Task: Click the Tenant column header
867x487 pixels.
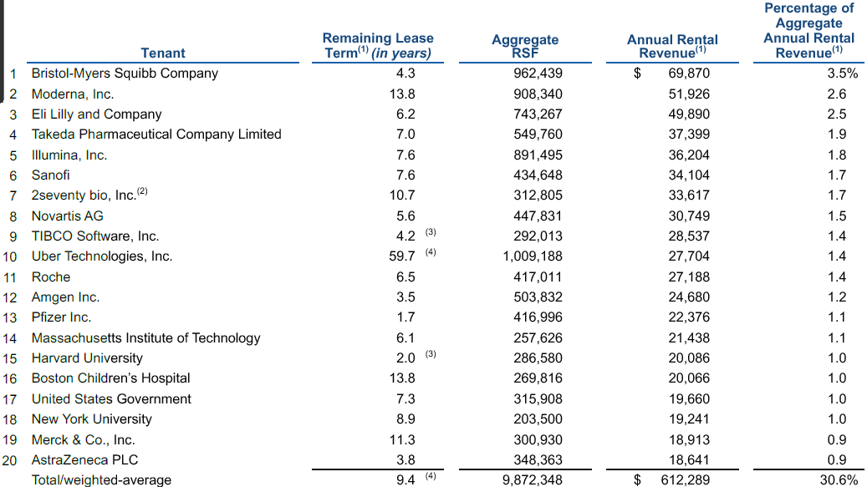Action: coord(162,53)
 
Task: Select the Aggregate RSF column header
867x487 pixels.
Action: coord(525,46)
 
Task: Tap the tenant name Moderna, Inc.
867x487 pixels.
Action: coord(73,94)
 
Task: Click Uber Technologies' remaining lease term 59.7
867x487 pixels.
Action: coord(402,256)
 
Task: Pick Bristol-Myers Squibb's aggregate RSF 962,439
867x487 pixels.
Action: coord(538,74)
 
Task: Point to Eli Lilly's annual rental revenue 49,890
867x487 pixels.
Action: coord(689,114)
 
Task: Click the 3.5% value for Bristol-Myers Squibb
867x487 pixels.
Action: coord(843,74)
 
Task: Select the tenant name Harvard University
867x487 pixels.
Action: coord(87,358)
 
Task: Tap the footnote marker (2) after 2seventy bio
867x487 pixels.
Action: coord(142,191)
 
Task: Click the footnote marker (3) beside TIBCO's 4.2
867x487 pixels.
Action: coord(431,232)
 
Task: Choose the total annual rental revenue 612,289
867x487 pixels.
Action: coord(685,479)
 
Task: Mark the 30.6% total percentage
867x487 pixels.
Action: coord(839,479)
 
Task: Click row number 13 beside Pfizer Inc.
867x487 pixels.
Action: coord(10,318)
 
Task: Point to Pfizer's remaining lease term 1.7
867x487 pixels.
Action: coord(405,317)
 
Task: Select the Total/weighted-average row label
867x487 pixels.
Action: coord(101,479)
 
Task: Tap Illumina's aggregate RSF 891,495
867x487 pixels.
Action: coord(538,155)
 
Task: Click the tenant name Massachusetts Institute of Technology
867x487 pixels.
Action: coord(146,338)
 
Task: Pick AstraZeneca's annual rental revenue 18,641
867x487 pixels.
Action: coord(689,460)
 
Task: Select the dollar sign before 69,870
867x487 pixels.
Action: coord(638,74)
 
